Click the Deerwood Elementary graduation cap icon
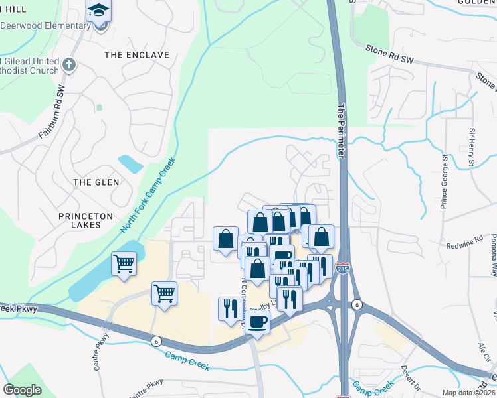click(99, 11)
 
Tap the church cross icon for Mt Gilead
click(70, 64)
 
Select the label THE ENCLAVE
click(136, 55)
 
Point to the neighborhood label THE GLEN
click(96, 182)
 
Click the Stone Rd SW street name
click(389, 54)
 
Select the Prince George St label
click(444, 182)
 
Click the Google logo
click(23, 390)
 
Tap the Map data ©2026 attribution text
click(468, 393)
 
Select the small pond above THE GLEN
click(130, 163)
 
